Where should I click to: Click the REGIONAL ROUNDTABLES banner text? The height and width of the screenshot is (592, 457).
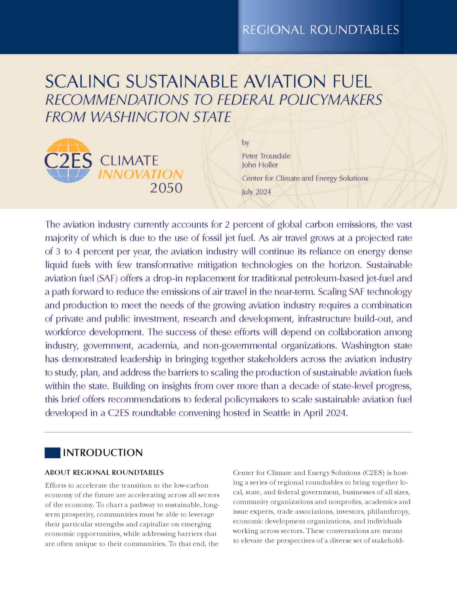pyautogui.click(x=320, y=30)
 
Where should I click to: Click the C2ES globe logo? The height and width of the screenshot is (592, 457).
pyautogui.click(x=68, y=160)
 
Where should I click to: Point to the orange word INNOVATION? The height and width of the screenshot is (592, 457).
pyautogui.click(x=140, y=174)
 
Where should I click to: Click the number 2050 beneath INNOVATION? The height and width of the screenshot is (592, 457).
pyautogui.click(x=166, y=188)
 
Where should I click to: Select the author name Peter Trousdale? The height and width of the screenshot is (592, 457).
pyautogui.click(x=266, y=156)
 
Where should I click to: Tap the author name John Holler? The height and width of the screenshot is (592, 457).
pyautogui.click(x=260, y=165)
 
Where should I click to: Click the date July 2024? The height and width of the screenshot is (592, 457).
pyautogui.click(x=256, y=192)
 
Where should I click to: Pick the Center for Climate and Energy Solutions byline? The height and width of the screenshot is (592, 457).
pyautogui.click(x=305, y=178)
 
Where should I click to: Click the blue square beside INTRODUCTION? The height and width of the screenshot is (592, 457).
pyautogui.click(x=52, y=453)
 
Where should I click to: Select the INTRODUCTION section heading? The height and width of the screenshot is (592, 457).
pyautogui.click(x=103, y=453)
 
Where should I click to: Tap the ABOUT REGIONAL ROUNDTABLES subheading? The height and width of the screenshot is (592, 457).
pyautogui.click(x=104, y=473)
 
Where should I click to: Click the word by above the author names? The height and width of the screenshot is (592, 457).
pyautogui.click(x=245, y=143)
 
